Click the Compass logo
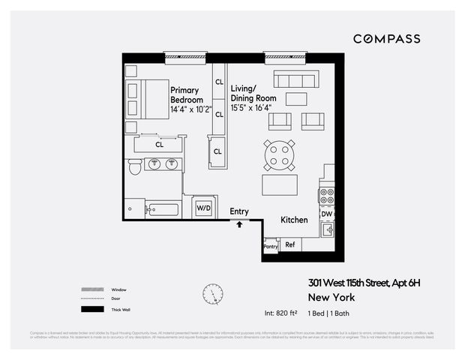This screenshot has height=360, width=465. (x=386, y=38)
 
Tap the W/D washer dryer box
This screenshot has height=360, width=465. (x=203, y=207)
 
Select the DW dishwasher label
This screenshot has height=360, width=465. (x=326, y=214)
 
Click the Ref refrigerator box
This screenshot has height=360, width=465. (x=289, y=245)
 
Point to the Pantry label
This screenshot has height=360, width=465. (x=271, y=246)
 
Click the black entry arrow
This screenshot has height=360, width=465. (x=239, y=223)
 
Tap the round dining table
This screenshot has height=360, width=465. (x=279, y=154)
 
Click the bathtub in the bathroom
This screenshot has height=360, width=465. (x=163, y=209)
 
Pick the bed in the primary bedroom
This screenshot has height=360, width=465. (x=148, y=99)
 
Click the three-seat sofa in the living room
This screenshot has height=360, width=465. (x=296, y=79)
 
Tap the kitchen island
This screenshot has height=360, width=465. (x=279, y=184)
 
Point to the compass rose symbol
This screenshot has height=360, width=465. (x=212, y=294)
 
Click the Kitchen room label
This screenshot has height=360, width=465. (x=294, y=220)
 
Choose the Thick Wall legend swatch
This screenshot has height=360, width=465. (x=92, y=309)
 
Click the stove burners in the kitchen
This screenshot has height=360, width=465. (x=326, y=196)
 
